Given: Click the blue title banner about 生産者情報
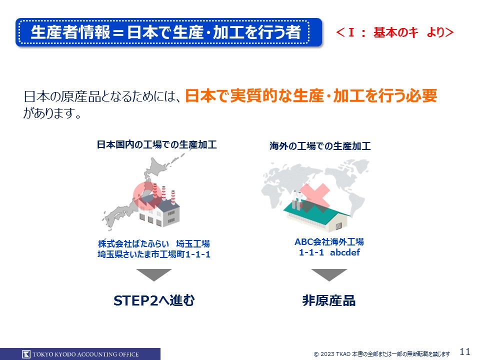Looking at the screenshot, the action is point(168,32).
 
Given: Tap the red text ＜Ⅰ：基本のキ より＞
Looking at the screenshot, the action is point(394,32).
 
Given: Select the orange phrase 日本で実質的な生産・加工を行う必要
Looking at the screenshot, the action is point(311,96).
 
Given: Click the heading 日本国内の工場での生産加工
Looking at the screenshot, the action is point(156,144).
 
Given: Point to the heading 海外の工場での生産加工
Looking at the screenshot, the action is point(320,146).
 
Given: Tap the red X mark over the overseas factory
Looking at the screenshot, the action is point(314,198).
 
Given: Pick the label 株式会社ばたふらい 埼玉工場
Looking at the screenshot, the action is point(154,243).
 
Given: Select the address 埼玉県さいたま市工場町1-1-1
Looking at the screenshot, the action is point(154,254).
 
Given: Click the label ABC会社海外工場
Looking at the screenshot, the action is point(329,242).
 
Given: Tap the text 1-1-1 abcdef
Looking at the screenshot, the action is point(329,252).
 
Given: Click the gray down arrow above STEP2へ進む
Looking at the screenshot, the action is point(154,274).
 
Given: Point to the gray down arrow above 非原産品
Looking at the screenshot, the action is point(329,274).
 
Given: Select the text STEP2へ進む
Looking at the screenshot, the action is point(154,300).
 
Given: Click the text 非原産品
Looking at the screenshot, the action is point(329,300).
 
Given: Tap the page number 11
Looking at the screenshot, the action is point(465,351).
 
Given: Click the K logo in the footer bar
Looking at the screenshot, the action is point(26,354).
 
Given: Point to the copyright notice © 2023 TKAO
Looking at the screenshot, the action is point(381,354).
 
